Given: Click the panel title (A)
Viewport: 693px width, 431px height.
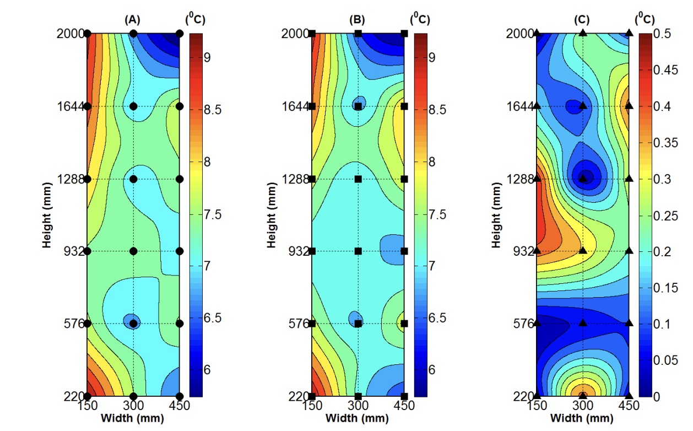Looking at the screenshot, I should pyautogui.click(x=133, y=20).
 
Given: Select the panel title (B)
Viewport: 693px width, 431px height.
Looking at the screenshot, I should pyautogui.click(x=358, y=20).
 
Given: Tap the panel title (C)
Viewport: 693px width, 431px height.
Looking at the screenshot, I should pyautogui.click(x=582, y=20).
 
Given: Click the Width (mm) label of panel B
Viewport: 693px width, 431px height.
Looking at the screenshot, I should pyautogui.click(x=358, y=418).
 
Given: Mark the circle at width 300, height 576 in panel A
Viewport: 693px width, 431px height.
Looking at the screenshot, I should pyautogui.click(x=133, y=324).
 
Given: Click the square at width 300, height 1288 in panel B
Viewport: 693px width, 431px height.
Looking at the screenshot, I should pyautogui.click(x=358, y=179).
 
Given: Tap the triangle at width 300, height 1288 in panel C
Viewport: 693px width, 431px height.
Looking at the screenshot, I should pyautogui.click(x=583, y=178).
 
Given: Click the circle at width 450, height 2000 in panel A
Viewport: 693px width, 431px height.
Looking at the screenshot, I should pyautogui.click(x=180, y=34).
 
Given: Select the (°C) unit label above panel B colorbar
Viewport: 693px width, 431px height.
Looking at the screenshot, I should pyautogui.click(x=419, y=19).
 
